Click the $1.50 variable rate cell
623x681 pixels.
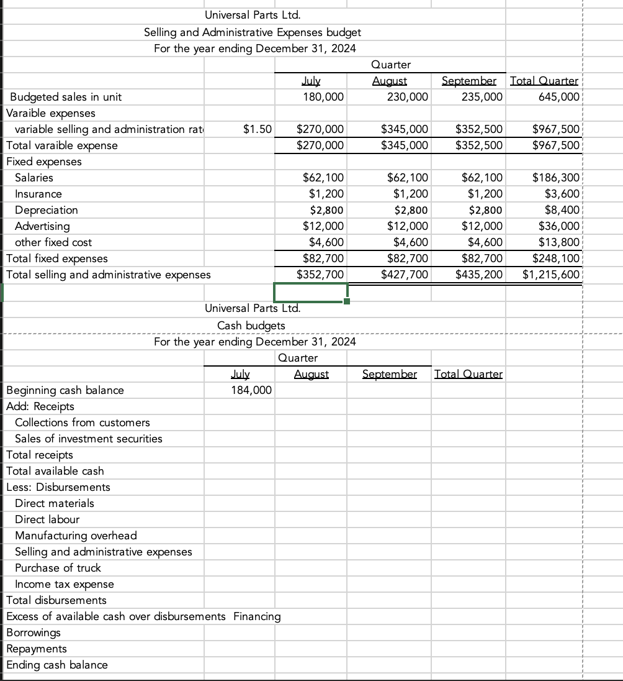point(257,129)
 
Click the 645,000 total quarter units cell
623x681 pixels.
point(560,97)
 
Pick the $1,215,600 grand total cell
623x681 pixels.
point(551,275)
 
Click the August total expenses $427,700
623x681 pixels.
point(406,275)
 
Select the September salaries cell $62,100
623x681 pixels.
point(480,178)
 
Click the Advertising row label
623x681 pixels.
point(42,226)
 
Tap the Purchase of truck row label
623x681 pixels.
point(58,568)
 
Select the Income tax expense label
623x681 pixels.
point(65,584)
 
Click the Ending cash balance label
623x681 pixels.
point(56,665)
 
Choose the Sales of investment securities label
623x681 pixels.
point(89,439)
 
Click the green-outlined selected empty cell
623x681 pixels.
point(310,291)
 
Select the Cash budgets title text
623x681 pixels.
point(251,326)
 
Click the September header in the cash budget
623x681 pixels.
point(389,374)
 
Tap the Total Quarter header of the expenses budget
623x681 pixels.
point(544,81)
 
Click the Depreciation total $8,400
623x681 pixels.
point(562,210)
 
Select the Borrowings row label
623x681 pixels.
point(34,633)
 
